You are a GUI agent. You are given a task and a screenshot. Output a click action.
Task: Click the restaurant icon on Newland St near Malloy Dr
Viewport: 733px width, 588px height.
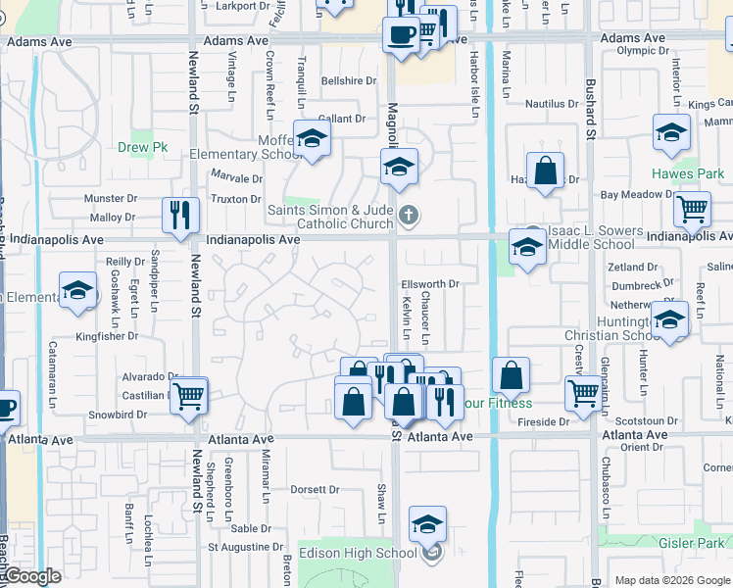(180, 215)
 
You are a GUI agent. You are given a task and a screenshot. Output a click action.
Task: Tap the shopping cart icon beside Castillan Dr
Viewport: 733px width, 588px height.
(189, 395)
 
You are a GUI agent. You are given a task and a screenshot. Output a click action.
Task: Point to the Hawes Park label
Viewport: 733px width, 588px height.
(695, 174)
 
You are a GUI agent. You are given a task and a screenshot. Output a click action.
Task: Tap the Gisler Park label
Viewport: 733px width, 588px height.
(695, 543)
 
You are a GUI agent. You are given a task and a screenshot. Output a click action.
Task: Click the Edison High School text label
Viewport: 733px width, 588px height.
(357, 554)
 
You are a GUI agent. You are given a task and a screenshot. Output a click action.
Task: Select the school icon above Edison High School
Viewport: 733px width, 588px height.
(427, 524)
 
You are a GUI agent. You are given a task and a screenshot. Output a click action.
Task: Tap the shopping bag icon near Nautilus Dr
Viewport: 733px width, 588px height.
(545, 170)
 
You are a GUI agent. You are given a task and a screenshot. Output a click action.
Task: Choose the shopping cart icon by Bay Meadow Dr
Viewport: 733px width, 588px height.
(692, 209)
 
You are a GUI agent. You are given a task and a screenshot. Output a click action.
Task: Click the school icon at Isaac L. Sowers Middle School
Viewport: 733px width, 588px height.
(527, 248)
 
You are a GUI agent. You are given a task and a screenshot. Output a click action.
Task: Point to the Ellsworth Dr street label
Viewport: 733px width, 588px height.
(430, 284)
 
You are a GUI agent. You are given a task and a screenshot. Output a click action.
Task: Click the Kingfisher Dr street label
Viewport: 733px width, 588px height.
(107, 335)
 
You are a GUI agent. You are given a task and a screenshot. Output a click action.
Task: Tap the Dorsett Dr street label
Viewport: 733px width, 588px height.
(314, 489)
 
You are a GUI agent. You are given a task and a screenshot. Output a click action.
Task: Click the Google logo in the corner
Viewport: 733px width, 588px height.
(31, 576)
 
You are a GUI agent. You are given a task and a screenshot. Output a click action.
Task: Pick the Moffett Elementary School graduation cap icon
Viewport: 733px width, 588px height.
(312, 138)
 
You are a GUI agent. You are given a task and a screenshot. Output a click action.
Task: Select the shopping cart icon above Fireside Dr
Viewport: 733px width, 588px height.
(583, 392)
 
